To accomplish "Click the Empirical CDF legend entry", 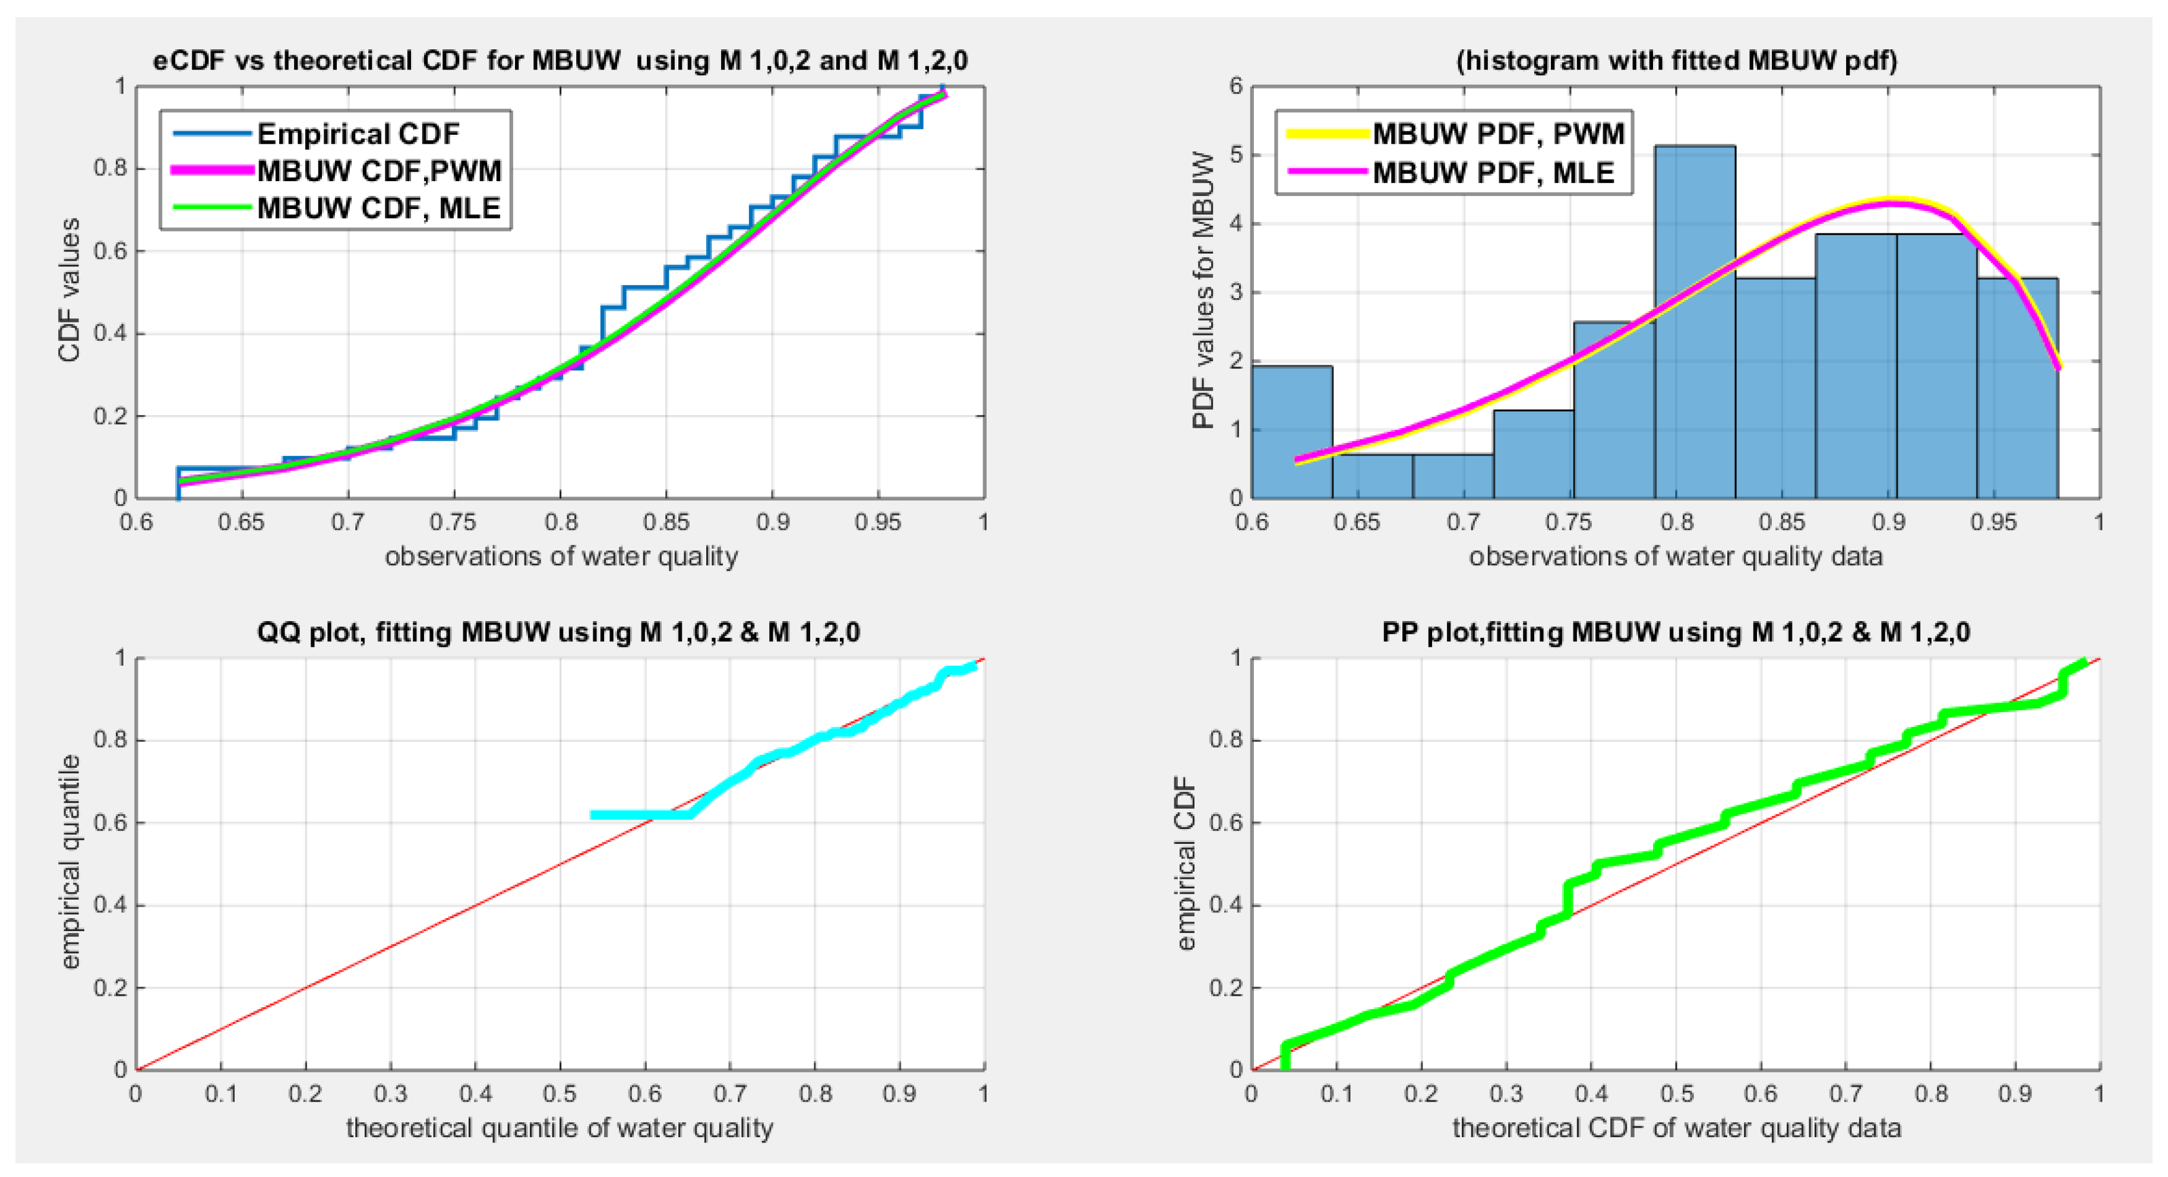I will coord(358,134).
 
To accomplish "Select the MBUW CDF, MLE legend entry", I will coord(378,208).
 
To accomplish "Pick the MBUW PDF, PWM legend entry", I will coord(1497,134).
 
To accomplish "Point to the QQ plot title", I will coord(558,632).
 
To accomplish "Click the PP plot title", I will coord(1675,632).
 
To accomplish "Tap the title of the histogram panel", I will coord(1676,61).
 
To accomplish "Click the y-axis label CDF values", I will coord(69,290).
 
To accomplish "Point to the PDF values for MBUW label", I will coord(1203,290).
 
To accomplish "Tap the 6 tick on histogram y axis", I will coord(1235,86).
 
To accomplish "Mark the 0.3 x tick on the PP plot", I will coord(1506,1094).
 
